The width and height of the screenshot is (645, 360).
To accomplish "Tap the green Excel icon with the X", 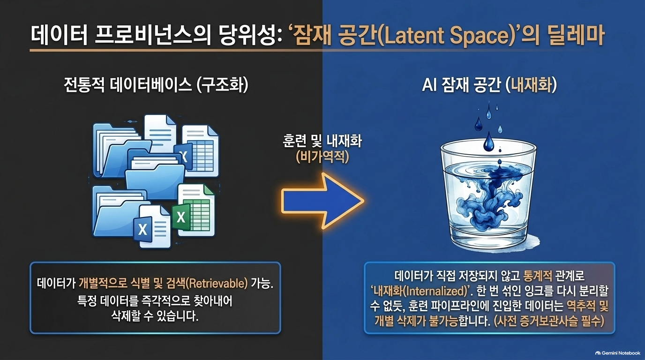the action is [x=181, y=217].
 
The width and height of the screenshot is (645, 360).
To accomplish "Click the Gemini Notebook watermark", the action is [x=618, y=353].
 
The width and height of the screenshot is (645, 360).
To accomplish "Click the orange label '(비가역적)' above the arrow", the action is [x=322, y=157].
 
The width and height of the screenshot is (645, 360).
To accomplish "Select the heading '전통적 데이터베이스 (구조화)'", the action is [x=156, y=85].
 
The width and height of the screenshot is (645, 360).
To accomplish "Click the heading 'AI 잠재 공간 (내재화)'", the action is [x=489, y=85].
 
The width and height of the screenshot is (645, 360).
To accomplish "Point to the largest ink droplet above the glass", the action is [x=488, y=142].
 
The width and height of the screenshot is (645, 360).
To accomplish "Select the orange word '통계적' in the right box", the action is [x=538, y=276].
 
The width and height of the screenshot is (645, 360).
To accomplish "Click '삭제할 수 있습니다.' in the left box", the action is [x=155, y=316].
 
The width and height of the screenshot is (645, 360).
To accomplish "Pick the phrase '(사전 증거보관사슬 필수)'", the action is [x=549, y=321].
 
